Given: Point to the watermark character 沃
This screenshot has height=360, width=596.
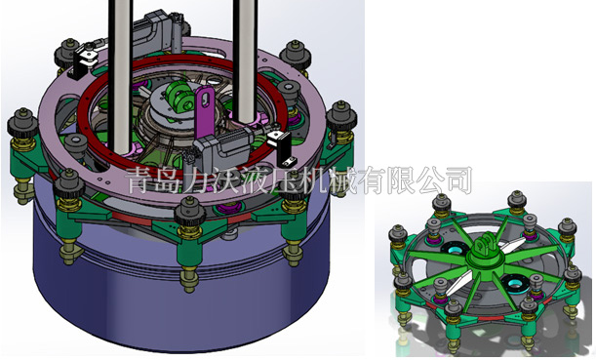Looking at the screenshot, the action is (226, 180).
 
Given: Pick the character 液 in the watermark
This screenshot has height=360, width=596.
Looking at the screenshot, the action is (255, 180).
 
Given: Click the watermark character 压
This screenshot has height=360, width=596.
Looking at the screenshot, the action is (284, 180).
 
